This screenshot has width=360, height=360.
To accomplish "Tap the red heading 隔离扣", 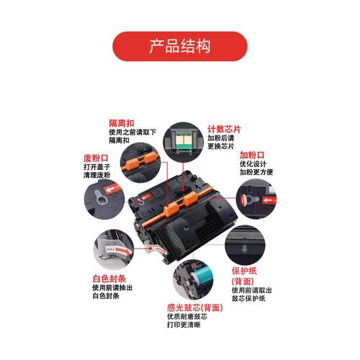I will point(121,122).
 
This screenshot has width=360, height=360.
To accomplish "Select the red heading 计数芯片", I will point(224,128).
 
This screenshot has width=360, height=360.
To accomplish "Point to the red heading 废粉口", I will point(94,158).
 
